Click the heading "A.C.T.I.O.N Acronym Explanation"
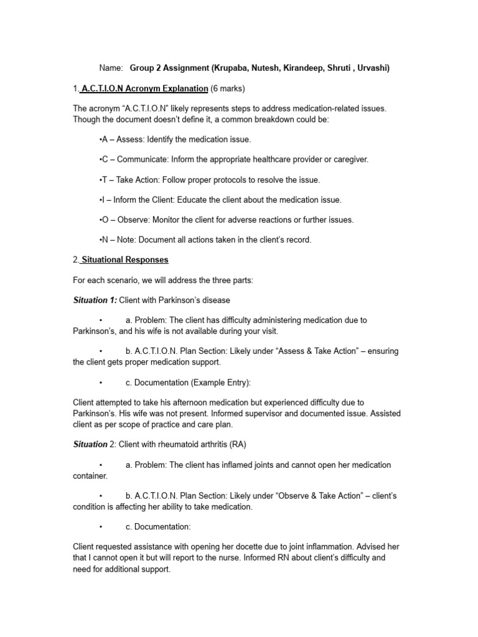(143, 88)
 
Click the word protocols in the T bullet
(214, 180)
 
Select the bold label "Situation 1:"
(95, 300)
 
